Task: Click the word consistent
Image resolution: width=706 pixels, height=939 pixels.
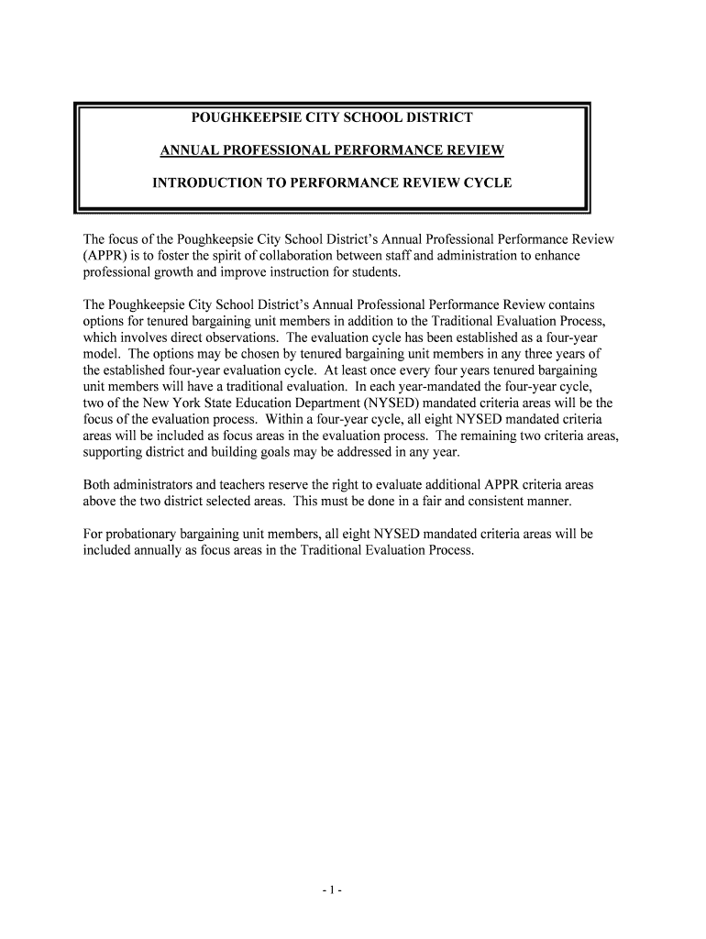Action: pos(494,502)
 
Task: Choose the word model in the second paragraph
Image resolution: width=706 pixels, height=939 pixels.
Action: pos(101,353)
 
